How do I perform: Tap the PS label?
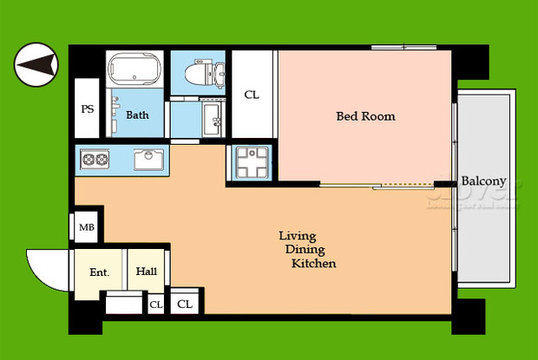pyautogui.click(x=88, y=109)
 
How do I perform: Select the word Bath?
pyautogui.click(x=137, y=115)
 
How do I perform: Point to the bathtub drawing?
pyautogui.click(x=134, y=70)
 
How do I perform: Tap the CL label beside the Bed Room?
pyautogui.click(x=251, y=95)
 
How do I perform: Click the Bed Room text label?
pyautogui.click(x=365, y=115)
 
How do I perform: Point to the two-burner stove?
pyautogui.click(x=94, y=160)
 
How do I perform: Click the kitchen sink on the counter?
pyautogui.click(x=148, y=160)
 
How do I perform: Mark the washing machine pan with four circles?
pyautogui.click(x=251, y=162)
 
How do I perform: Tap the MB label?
pyautogui.click(x=87, y=228)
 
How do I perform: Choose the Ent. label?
pyautogui.click(x=99, y=272)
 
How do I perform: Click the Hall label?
pyautogui.click(x=146, y=272)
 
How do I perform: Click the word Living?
pyautogui.click(x=297, y=236)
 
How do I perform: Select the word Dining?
pyautogui.click(x=303, y=250)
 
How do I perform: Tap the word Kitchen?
pyautogui.click(x=313, y=264)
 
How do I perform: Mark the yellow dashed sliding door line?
pyautogui.click(x=405, y=185)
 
